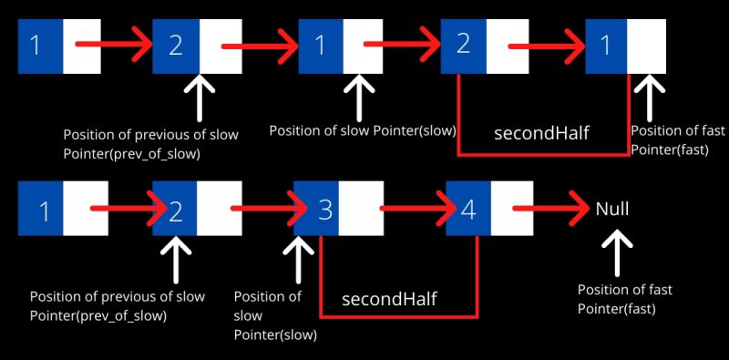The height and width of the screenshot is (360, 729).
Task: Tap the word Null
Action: [x=612, y=209]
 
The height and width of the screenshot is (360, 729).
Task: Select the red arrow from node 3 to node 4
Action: [x=415, y=210]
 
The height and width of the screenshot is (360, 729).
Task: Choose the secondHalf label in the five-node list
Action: [x=541, y=133]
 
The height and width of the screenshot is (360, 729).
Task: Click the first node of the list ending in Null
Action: [x=63, y=211]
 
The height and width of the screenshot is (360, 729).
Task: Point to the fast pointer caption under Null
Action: [x=625, y=299]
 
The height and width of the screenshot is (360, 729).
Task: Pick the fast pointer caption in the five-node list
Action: [x=677, y=139]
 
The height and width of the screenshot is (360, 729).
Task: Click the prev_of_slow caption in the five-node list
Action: [x=149, y=144]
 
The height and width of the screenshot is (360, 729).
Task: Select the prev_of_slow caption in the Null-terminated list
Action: [x=117, y=305]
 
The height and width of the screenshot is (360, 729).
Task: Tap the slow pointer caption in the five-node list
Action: [x=363, y=131]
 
